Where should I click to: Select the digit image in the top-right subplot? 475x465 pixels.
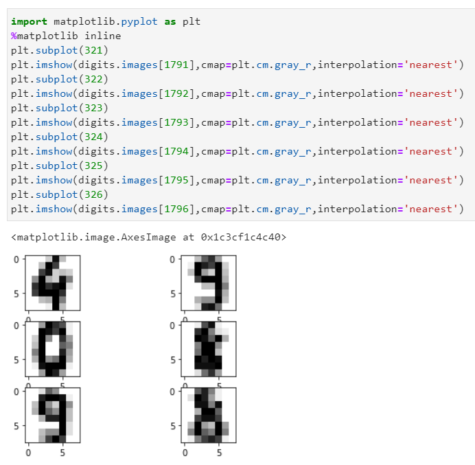(x=209, y=283)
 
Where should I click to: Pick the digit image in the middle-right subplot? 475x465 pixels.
(x=209, y=348)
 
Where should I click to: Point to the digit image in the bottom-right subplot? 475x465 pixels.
(x=209, y=414)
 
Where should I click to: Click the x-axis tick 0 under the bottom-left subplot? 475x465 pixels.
(x=28, y=453)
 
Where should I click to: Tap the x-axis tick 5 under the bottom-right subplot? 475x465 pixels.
(x=219, y=453)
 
